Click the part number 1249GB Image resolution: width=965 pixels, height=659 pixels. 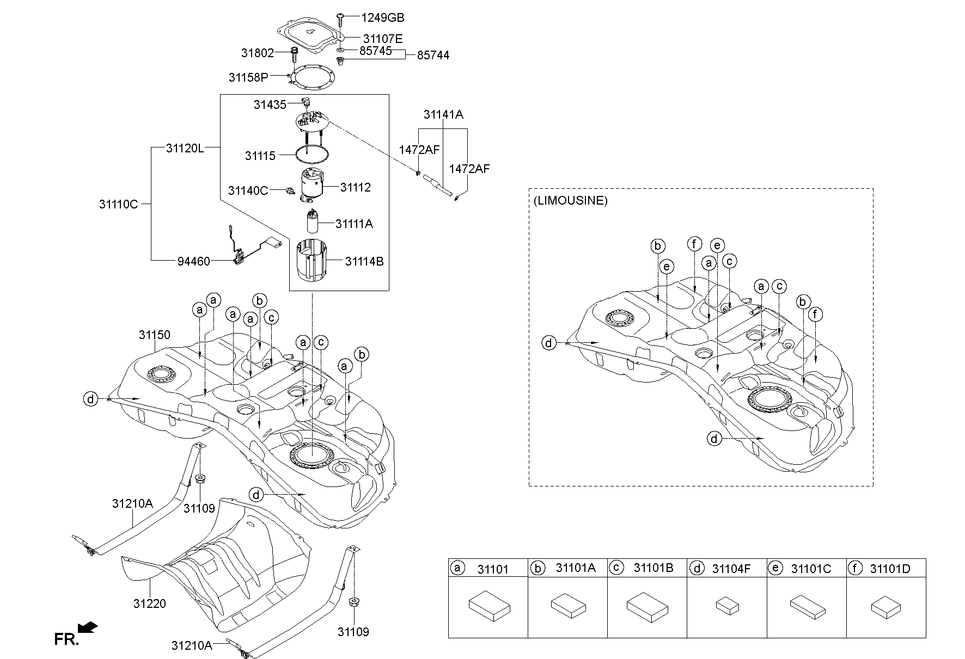(x=382, y=18)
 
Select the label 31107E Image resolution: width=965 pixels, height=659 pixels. (x=383, y=39)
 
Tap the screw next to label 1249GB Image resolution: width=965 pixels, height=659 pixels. (x=339, y=19)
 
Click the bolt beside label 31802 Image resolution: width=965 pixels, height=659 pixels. (x=295, y=54)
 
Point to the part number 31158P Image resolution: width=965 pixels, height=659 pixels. (x=248, y=77)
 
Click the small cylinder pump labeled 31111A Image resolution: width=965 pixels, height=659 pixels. (x=313, y=224)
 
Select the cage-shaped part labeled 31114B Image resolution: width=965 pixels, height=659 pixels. (x=312, y=262)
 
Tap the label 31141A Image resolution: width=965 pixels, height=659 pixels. (x=443, y=114)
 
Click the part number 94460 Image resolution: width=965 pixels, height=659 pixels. (x=194, y=261)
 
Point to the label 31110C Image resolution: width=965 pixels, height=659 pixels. (x=119, y=205)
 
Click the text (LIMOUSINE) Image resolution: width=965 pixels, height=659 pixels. (x=570, y=200)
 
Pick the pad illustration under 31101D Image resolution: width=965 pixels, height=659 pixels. (x=885, y=607)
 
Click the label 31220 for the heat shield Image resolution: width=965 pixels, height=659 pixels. (x=149, y=603)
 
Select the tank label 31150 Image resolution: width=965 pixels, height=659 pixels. (x=154, y=335)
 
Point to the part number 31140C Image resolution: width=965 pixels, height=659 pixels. (x=248, y=190)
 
